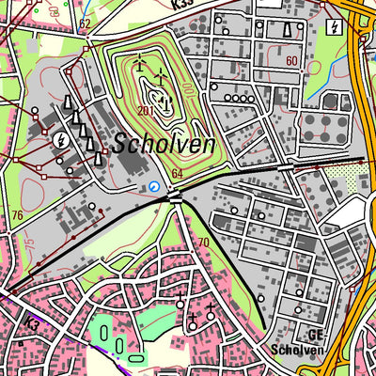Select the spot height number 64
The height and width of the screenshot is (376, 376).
(x=177, y=175)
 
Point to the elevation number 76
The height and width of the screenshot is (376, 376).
(x=16, y=216)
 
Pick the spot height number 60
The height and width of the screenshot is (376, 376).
(x=291, y=61)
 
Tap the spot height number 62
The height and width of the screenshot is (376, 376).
(x=86, y=23)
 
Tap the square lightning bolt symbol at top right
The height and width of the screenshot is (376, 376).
(x=334, y=25)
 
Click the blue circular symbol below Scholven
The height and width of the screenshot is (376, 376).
(x=154, y=187)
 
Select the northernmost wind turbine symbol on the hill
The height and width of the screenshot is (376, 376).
(x=140, y=63)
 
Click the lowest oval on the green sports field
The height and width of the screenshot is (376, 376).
(x=136, y=356)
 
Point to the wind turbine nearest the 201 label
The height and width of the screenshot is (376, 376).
(x=165, y=102)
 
